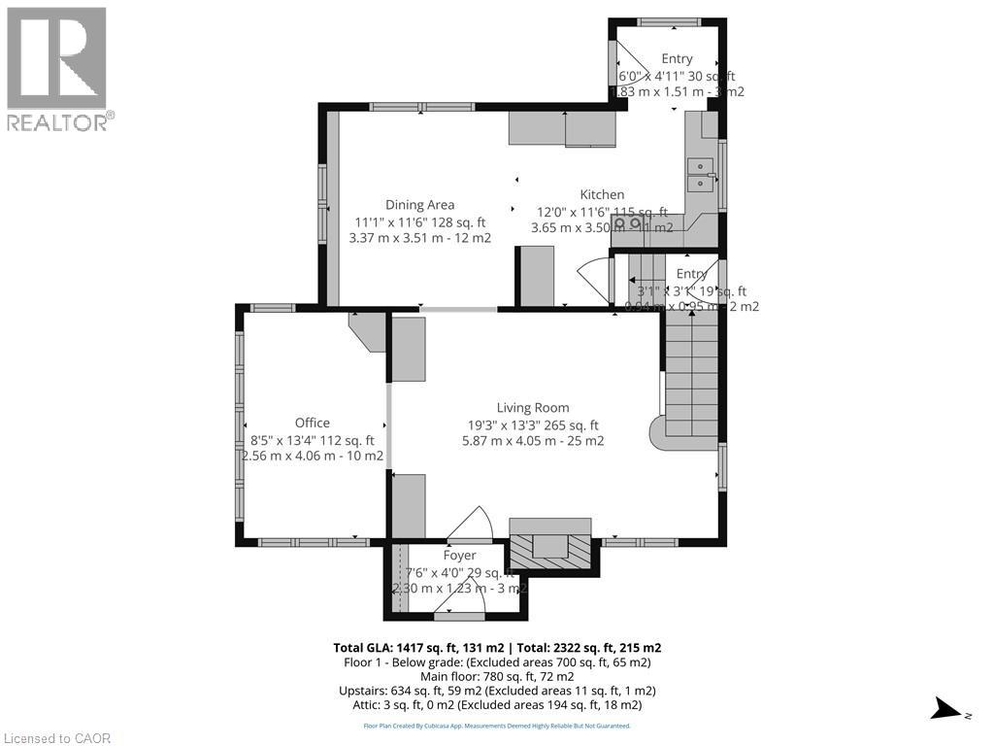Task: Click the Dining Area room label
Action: [x=419, y=205]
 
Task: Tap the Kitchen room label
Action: [x=602, y=194]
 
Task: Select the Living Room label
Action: [x=533, y=408]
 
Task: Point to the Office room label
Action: [x=313, y=423]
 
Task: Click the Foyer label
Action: [x=460, y=556]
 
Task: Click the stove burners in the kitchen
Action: [x=627, y=222]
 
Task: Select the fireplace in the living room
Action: [x=550, y=546]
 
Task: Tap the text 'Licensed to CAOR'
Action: [x=56, y=738]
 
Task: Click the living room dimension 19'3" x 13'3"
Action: [x=533, y=424]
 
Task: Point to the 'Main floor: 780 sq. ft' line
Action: [x=497, y=676]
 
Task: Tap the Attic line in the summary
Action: [x=497, y=704]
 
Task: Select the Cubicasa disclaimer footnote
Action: [x=497, y=726]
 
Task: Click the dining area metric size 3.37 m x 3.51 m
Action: [x=419, y=237]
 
